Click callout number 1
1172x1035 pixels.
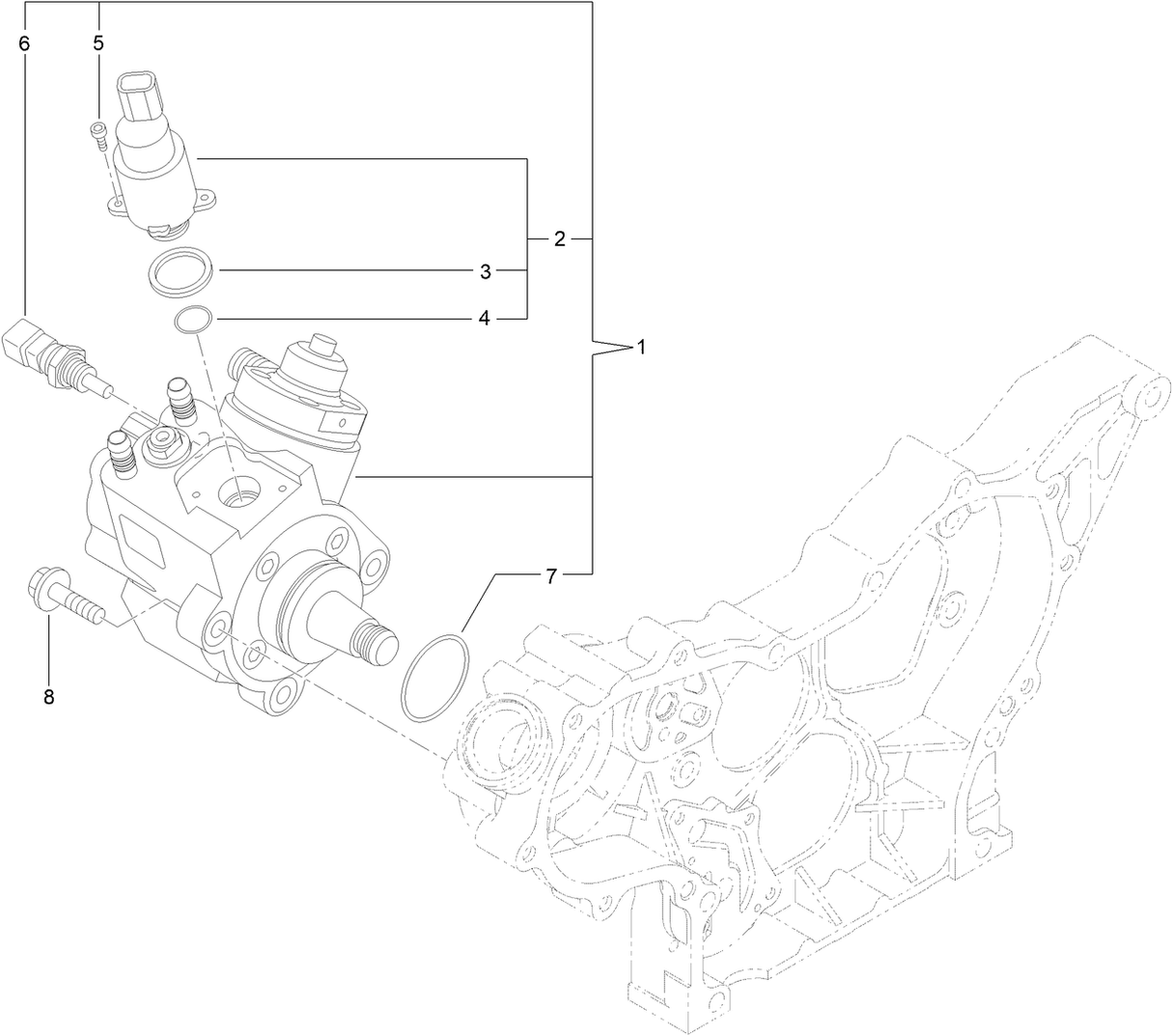[x=640, y=348]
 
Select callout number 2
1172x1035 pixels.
[x=559, y=238]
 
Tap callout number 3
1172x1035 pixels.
[x=486, y=271]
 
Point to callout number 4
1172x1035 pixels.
[x=485, y=319]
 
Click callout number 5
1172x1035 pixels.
[x=98, y=42]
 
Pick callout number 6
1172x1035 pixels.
[x=24, y=42]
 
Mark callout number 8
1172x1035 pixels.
[x=48, y=696]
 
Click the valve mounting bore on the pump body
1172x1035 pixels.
[x=238, y=491]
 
